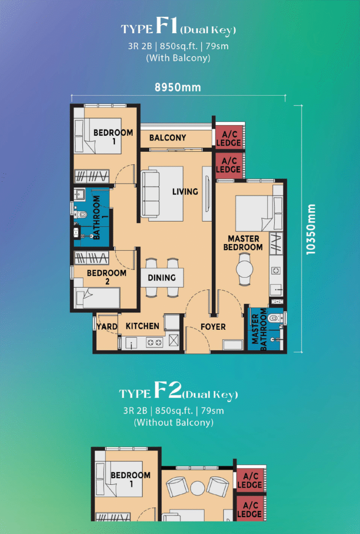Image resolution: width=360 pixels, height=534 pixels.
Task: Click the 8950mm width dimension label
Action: coord(178,87)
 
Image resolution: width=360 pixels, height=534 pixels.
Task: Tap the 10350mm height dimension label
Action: coord(311,229)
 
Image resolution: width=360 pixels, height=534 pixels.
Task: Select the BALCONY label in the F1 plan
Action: coord(168,138)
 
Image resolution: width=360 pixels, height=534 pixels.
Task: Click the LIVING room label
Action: coord(185,192)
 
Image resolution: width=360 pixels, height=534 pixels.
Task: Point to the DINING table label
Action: coord(162,278)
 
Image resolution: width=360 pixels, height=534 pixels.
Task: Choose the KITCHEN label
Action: coord(142,326)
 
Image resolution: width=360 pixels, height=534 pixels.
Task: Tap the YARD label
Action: coord(107,326)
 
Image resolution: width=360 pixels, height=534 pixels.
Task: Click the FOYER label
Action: coord(213,327)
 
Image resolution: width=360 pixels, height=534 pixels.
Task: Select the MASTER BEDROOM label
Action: coord(243,243)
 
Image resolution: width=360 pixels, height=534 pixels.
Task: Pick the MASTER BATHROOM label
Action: coord(259,329)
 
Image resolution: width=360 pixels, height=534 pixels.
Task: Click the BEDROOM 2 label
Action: coord(107,277)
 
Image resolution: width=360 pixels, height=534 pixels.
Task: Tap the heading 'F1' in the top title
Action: coord(166,26)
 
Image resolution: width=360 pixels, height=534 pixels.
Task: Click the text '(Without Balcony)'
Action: coord(173,423)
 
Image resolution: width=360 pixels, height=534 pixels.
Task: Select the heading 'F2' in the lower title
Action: coord(168,391)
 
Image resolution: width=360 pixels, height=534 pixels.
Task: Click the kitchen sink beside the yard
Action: coord(132,342)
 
